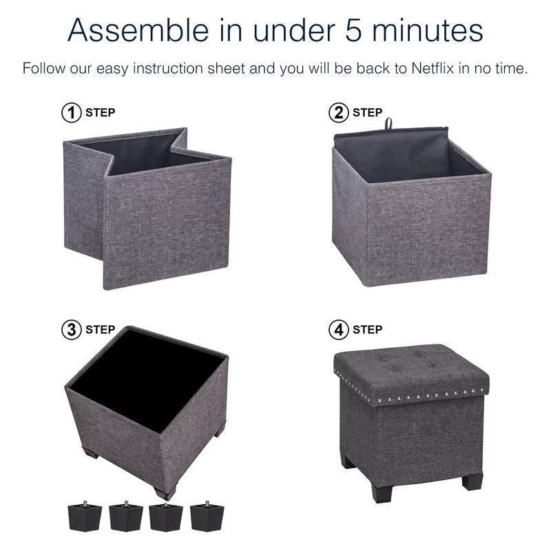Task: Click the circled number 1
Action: coord(72,113)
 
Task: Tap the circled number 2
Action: coord(338,113)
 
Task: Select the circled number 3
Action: coord(72,330)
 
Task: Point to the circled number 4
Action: coord(338,330)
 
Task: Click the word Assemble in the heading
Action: coord(138,30)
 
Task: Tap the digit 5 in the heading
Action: coord(353,30)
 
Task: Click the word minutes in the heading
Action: coord(428,31)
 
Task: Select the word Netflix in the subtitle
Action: coord(433,68)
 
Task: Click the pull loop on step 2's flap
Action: coord(388,123)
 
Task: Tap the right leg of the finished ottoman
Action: coord(472,481)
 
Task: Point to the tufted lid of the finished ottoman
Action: coord(411,374)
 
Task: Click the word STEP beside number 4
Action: coord(367,330)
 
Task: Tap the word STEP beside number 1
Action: coord(100,112)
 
